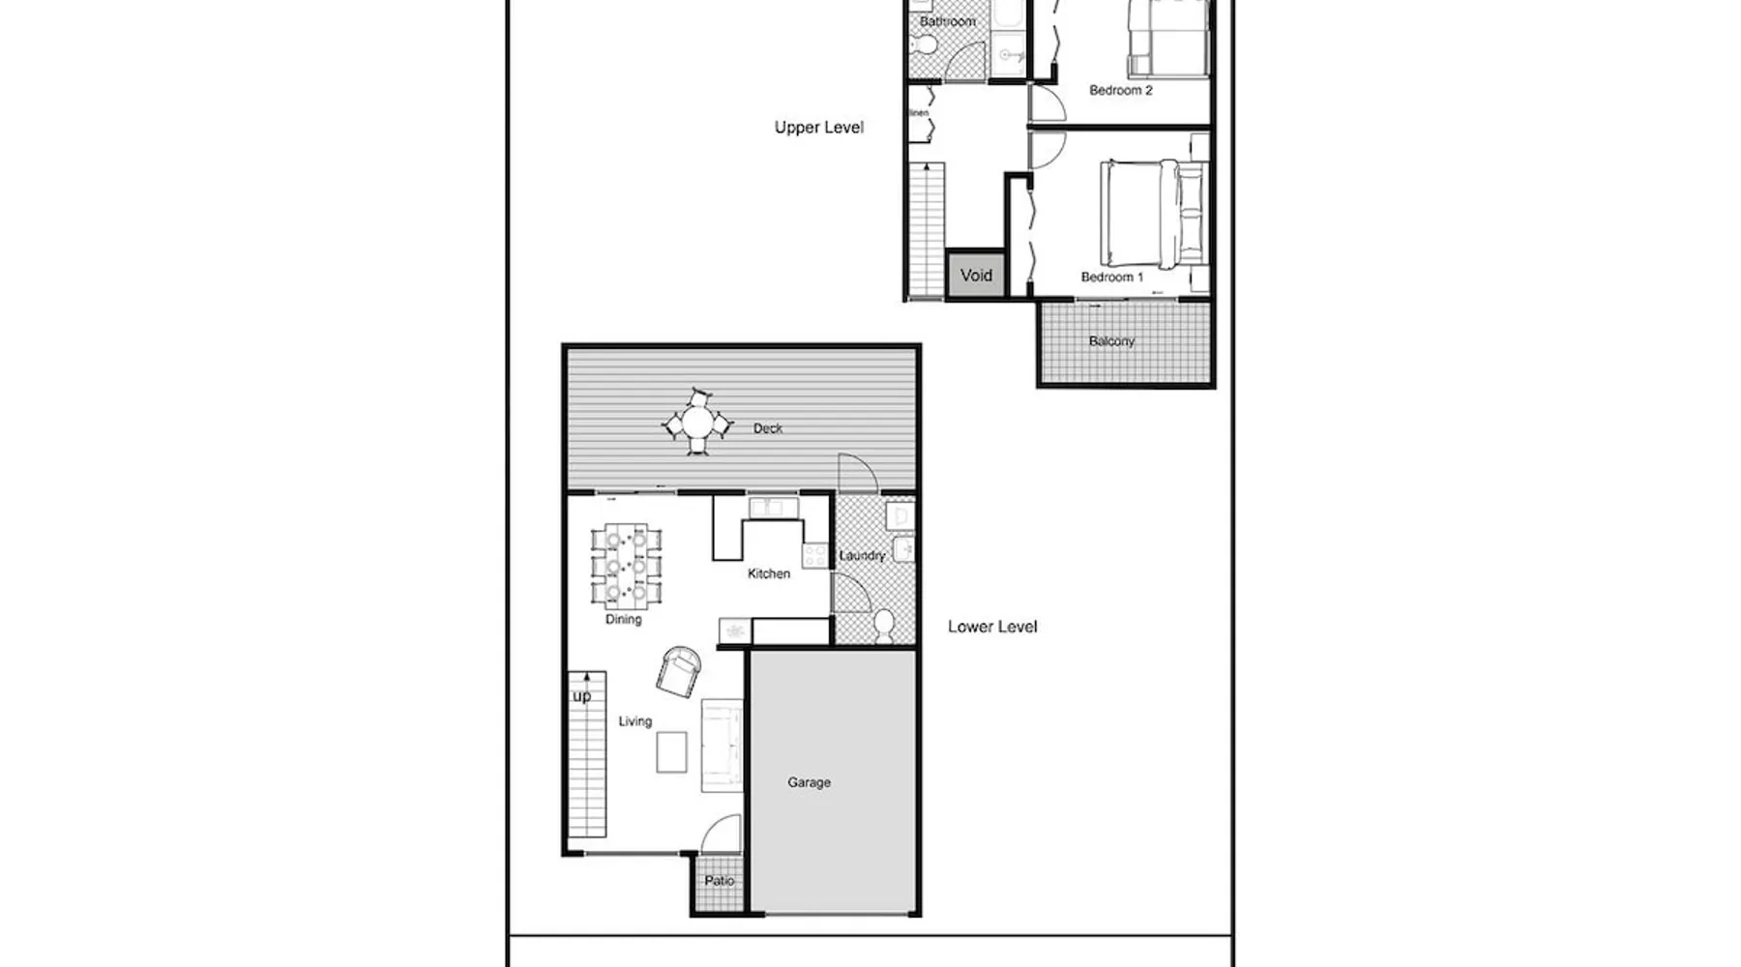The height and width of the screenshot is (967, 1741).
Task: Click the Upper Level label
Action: click(818, 128)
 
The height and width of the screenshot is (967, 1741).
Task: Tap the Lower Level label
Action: click(992, 627)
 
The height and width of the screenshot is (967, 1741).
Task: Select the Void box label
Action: click(976, 276)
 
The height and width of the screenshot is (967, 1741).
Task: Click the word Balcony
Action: click(1111, 341)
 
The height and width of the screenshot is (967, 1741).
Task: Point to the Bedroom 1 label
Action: click(1112, 277)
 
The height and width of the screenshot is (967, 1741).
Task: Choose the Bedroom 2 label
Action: click(1121, 90)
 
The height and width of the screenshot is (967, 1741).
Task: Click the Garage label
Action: click(809, 782)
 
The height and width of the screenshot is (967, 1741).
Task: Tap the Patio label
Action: click(720, 881)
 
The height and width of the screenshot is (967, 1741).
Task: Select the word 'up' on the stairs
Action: click(581, 696)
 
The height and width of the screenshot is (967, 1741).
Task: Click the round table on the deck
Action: click(697, 423)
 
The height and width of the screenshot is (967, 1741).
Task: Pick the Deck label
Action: click(768, 428)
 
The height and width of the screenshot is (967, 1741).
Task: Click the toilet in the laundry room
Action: click(884, 625)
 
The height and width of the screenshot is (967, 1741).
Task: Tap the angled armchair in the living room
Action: click(680, 670)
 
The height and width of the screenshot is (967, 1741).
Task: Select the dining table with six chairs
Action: click(627, 564)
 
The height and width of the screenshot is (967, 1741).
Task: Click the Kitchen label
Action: click(769, 573)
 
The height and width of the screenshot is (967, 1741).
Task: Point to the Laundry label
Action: click(862, 556)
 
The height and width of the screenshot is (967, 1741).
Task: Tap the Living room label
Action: click(635, 721)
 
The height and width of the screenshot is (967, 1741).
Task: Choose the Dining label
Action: click(623, 620)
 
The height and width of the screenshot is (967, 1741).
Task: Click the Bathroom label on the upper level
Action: click(948, 21)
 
